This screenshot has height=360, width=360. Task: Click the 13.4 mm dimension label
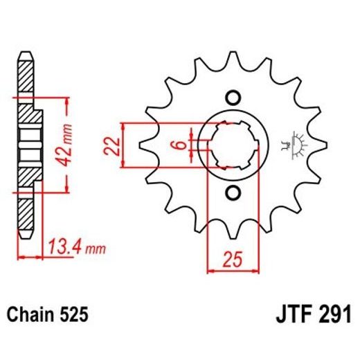tap(67, 245)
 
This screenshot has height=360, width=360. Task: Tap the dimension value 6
tap(179, 145)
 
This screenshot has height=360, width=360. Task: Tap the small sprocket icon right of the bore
tap(298, 144)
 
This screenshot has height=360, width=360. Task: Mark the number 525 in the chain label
tap(73, 315)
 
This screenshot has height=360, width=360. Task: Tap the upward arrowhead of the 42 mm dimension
tap(66, 102)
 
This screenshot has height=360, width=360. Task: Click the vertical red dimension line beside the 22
tap(123, 145)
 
